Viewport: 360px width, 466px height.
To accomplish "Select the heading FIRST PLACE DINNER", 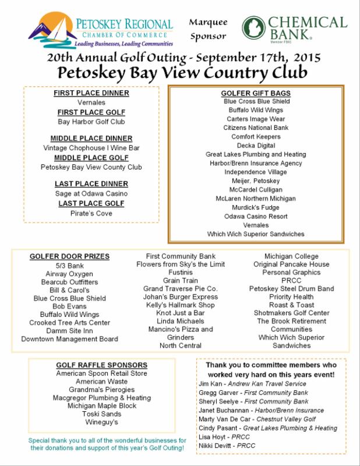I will [91, 93].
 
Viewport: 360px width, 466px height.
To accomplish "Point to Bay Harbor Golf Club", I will [91, 122].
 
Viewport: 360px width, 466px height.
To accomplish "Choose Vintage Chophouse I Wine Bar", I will [91, 148].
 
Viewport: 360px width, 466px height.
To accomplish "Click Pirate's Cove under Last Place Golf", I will [91, 213].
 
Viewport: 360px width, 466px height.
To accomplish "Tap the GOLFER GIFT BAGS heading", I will [256, 93].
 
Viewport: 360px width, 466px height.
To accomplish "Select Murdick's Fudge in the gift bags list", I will [256, 207].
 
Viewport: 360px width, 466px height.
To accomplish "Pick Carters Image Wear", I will [256, 118].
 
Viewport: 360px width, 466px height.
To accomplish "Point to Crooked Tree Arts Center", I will [70, 323].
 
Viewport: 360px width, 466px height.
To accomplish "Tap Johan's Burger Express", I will [181, 297].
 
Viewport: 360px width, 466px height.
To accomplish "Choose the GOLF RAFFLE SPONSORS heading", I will [102, 365].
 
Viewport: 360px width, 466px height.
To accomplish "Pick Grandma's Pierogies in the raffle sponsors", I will [102, 390].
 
